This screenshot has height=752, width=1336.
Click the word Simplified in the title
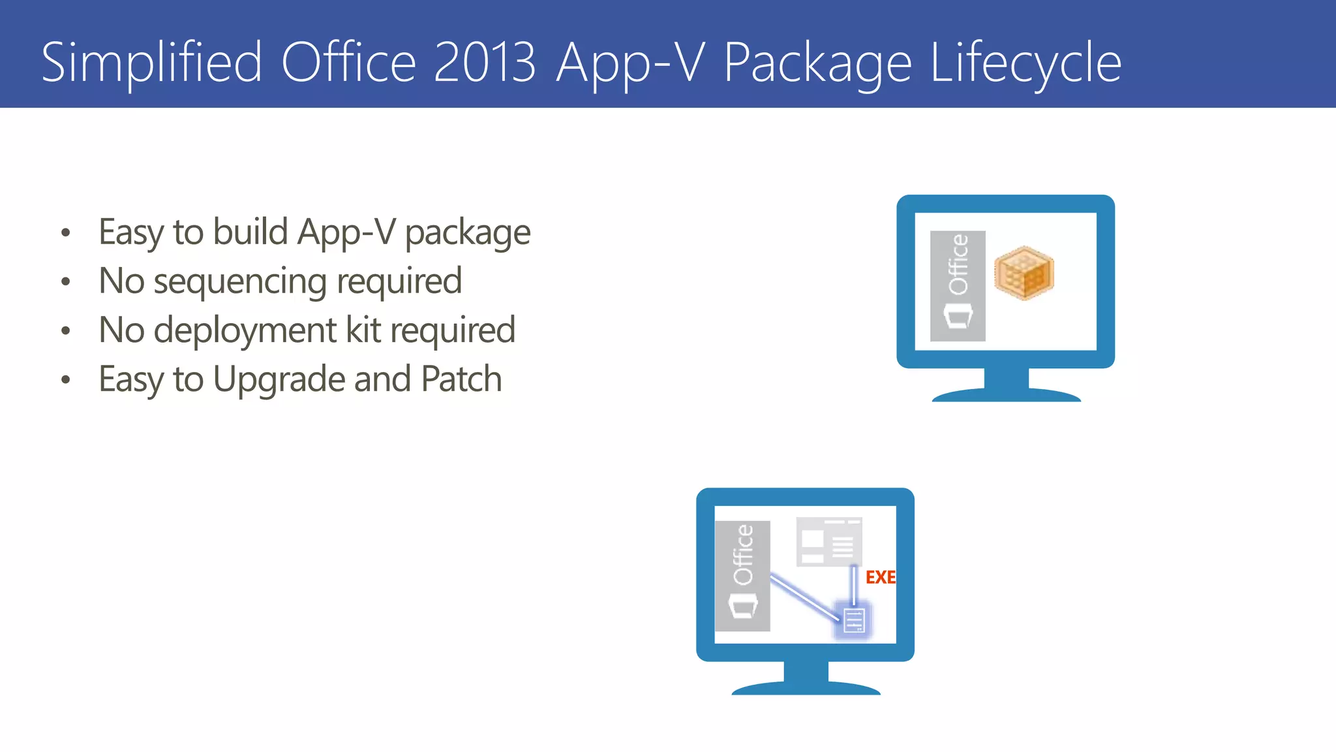pyautogui.click(x=151, y=63)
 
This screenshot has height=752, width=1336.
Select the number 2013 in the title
pyautogui.click(x=484, y=63)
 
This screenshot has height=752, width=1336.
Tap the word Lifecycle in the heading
pyautogui.click(x=1025, y=63)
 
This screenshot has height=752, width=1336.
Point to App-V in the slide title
pyautogui.click(x=630, y=63)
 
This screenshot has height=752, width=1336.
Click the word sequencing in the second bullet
pyautogui.click(x=240, y=282)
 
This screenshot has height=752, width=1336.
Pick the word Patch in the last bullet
pyautogui.click(x=461, y=379)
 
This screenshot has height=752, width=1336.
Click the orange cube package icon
pyautogui.click(x=1024, y=273)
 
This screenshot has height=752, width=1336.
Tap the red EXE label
pyautogui.click(x=880, y=577)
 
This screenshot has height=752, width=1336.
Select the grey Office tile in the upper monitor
pyautogui.click(x=958, y=286)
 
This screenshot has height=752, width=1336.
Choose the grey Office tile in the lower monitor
pyautogui.click(x=742, y=576)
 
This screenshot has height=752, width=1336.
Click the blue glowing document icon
pyautogui.click(x=853, y=620)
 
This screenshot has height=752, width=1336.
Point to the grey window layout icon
pyautogui.click(x=829, y=541)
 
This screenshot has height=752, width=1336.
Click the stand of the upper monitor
pyautogui.click(x=1006, y=385)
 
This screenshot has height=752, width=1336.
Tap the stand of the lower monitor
pyautogui.click(x=806, y=678)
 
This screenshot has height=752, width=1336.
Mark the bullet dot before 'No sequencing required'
pyautogui.click(x=65, y=282)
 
